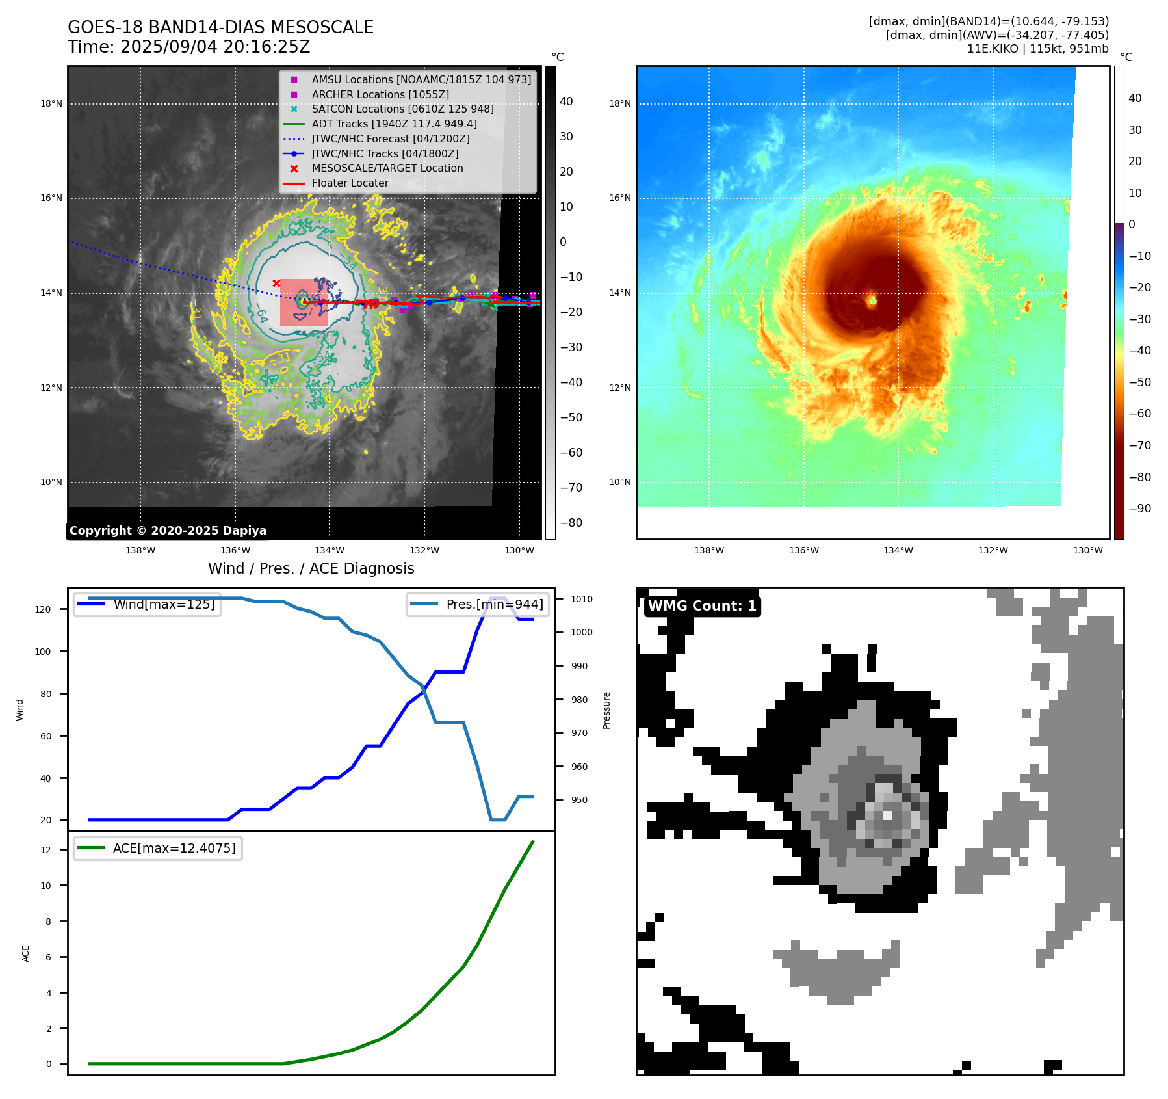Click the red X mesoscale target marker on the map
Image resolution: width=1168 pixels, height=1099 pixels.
coord(276,283)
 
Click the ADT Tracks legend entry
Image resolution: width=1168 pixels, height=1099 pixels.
coord(394,124)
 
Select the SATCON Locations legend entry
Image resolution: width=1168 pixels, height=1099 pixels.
coord(402,109)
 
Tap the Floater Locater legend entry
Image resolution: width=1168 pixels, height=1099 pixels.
coord(350,183)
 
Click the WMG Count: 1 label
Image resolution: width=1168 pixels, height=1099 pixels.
coord(702,606)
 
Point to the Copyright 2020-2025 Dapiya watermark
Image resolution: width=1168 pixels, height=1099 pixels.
coord(168,531)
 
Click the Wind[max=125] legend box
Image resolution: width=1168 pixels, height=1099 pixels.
coord(147,604)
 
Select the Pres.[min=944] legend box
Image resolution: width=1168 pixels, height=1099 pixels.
coord(478,604)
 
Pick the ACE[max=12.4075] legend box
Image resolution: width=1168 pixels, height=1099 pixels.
coord(158,848)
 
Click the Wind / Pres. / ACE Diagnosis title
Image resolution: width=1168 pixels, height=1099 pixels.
coord(311,568)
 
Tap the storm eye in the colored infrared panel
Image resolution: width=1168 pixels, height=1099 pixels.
coord(872,300)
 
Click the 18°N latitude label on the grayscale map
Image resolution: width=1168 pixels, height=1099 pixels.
coord(51,103)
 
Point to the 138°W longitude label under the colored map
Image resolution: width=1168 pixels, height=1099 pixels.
coord(708,550)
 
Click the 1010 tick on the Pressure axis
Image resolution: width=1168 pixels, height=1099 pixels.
coord(582,599)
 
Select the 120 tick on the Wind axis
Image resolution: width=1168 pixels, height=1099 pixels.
coord(43,609)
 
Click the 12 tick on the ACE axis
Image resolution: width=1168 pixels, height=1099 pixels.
coord(45,850)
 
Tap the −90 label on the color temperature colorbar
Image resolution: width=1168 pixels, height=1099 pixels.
coord(1139,509)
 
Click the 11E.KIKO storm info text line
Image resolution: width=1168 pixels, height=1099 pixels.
coord(1037,49)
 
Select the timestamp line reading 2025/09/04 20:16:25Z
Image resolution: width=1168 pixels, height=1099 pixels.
coord(188,47)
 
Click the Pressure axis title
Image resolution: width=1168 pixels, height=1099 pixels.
coord(606,710)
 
